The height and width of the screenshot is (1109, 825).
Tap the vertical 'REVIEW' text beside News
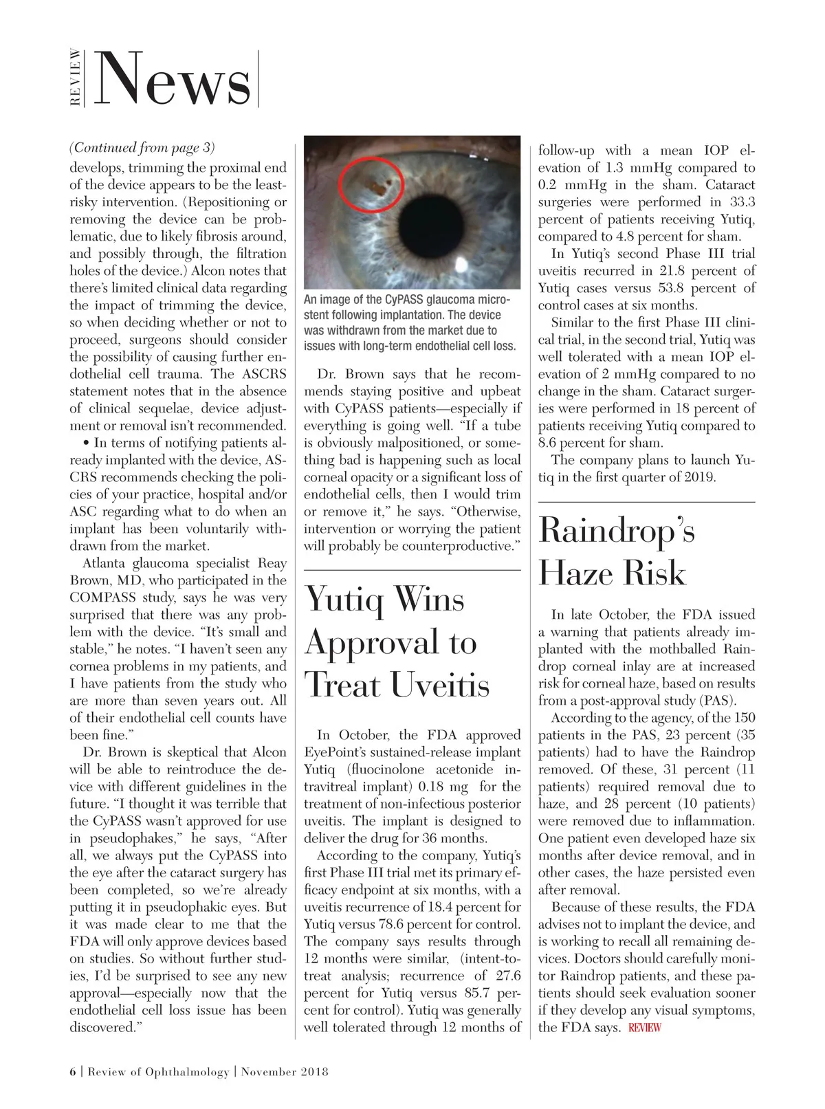76,78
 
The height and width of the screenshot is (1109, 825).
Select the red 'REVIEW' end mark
644,1028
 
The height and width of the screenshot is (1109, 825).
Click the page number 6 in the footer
73,1072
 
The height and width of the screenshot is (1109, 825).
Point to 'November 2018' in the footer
285,1072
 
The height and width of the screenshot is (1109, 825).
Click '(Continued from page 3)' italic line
142,148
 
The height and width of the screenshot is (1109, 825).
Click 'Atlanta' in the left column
105,563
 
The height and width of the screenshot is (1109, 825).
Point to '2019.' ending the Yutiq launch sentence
700,477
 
